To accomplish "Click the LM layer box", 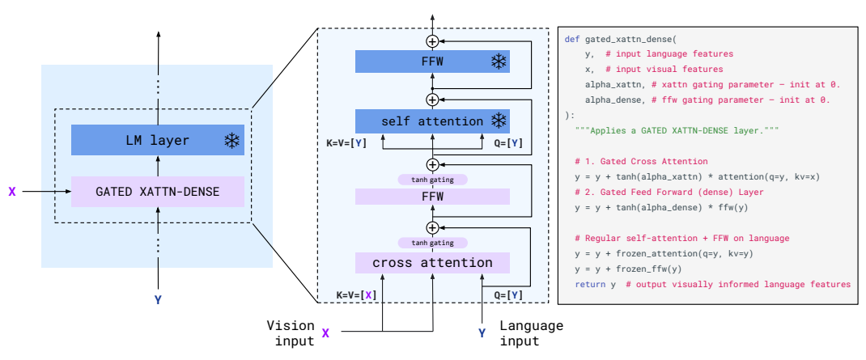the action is pos(157,140).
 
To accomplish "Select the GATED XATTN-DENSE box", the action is pos(157,192).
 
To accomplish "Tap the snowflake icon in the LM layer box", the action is pos(231,141).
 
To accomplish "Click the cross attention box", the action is pos(432,262).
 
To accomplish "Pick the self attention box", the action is pos(432,121).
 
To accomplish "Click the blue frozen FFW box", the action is pos(432,61).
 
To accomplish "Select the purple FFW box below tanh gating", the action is pos(432,196).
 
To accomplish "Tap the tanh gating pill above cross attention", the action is pos(432,243).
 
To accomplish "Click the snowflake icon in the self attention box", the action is pos(499,121).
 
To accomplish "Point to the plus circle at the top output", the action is pos(432,41).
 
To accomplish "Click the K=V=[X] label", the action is pos(357,294).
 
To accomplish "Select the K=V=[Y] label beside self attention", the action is pos(346,143).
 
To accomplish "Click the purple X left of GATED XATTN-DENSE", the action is pos(12,192).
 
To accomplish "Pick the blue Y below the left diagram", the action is pos(158,300).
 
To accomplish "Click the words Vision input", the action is pos(291,333).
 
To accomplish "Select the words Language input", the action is pos(531,333).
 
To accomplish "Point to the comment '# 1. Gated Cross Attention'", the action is pos(641,162).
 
